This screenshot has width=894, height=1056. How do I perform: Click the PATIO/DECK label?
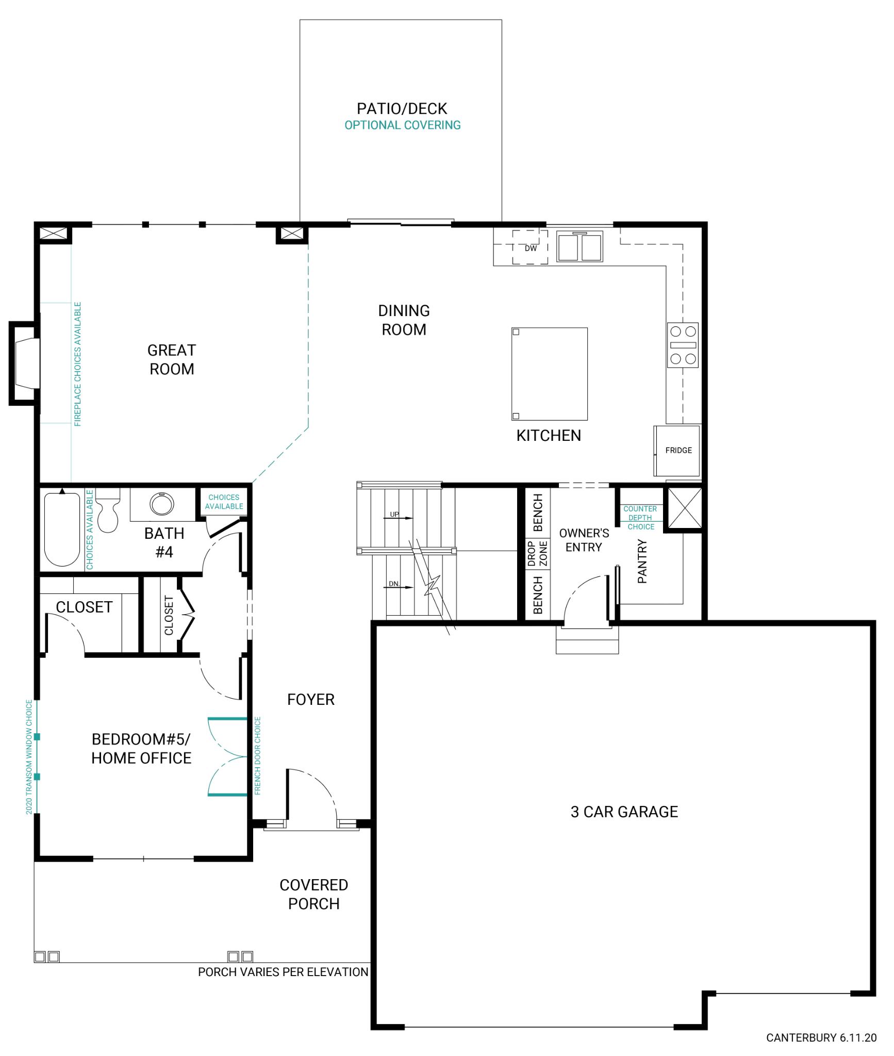tap(402, 109)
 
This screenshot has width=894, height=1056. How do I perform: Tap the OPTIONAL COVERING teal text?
tap(402, 125)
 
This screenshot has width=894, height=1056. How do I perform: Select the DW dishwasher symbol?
tap(530, 247)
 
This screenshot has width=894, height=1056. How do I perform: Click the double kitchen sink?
tap(580, 246)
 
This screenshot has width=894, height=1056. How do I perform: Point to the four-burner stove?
tap(683, 345)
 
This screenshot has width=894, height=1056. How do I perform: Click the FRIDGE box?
tap(678, 450)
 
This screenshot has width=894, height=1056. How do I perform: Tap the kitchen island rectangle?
tap(549, 373)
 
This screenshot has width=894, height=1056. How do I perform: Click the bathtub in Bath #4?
tap(62, 530)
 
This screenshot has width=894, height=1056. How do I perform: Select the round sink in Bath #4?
tap(161, 504)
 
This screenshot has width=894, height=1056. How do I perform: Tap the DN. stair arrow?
tap(400, 586)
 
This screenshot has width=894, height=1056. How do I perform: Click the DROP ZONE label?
tap(537, 553)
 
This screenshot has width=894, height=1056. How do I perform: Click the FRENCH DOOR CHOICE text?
tap(258, 755)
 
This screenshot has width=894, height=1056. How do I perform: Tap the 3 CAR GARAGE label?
tap(624, 812)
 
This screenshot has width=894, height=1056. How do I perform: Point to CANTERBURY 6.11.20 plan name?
tap(821, 1037)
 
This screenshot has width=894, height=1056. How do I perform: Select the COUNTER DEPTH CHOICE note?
tap(640, 517)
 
